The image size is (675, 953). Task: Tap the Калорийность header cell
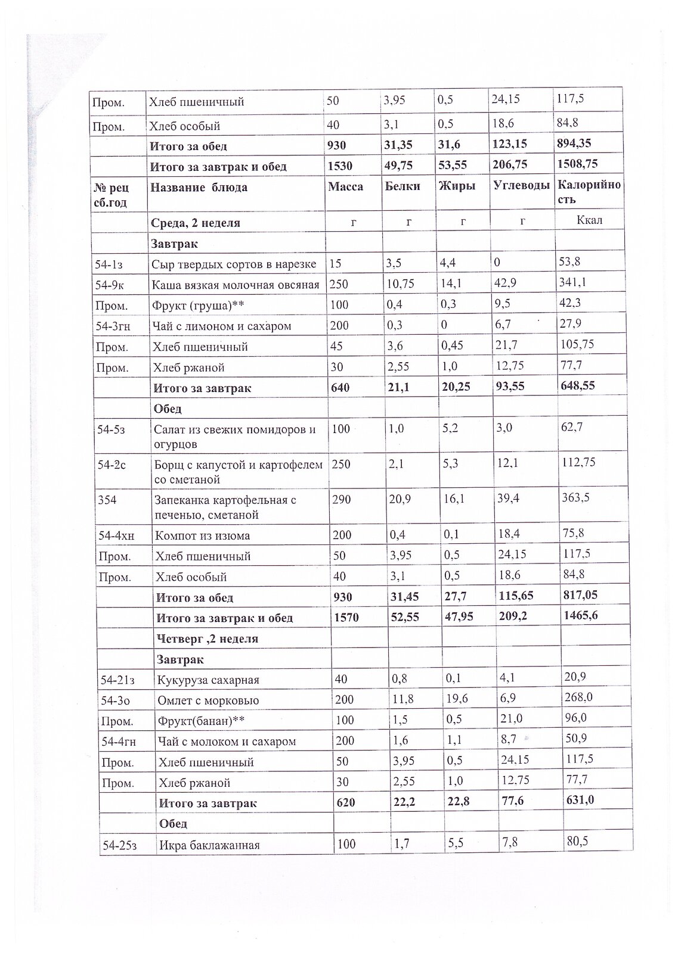(589, 192)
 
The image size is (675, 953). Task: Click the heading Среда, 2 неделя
(196, 223)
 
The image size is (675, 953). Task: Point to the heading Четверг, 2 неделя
(207, 639)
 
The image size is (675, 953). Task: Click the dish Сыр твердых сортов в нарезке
(234, 264)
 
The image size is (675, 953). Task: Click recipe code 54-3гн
(116, 326)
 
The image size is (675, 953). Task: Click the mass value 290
(342, 499)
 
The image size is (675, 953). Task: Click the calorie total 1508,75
(577, 164)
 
